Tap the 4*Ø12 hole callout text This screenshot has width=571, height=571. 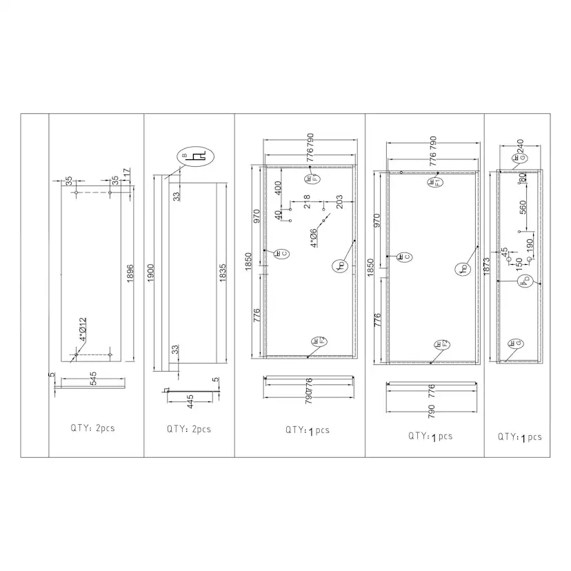coord(83,330)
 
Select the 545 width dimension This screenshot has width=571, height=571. coord(93,378)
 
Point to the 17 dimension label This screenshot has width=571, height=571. coord(127,171)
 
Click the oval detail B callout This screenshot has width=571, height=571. coord(195,157)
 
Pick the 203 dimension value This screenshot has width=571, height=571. coord(339,201)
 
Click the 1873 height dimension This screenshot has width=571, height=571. coord(488,266)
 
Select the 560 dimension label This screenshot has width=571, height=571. coord(522,206)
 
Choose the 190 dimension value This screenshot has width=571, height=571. coord(529,245)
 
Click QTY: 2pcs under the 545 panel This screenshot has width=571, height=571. coord(92,428)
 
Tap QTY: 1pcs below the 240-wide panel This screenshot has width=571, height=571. coord(520,437)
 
